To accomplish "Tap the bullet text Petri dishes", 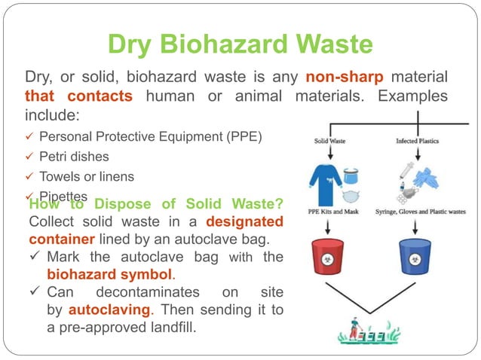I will click(74, 157).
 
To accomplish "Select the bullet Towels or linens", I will click(87, 176).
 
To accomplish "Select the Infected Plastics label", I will click(419, 141).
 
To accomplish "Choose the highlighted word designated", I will click(244, 222).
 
